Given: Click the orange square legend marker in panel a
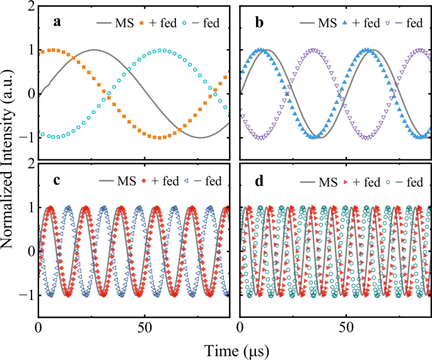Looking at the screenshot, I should click(144, 23).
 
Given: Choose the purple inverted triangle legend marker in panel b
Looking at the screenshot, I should click(390, 23).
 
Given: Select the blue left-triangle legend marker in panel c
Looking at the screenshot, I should click(189, 182).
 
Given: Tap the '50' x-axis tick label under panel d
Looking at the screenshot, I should click(346, 328).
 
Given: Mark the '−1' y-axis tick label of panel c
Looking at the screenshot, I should click(25, 294).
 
